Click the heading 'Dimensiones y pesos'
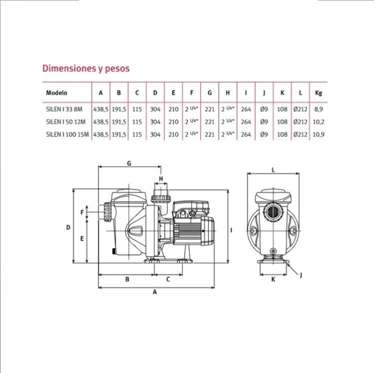click(x=86, y=68)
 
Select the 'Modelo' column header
click(x=56, y=93)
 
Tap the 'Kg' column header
click(x=319, y=93)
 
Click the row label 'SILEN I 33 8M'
click(x=64, y=109)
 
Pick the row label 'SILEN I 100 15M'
click(x=67, y=134)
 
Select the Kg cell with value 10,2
click(x=319, y=122)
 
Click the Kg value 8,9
click(x=319, y=109)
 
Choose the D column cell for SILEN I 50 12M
click(x=155, y=122)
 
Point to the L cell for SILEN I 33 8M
click(x=300, y=109)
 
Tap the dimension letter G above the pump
click(x=129, y=163)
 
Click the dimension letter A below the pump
click(x=155, y=292)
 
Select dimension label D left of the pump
click(x=68, y=228)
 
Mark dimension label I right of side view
click(x=231, y=230)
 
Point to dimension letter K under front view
click(x=273, y=279)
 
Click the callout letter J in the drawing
click(x=301, y=276)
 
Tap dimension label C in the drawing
click(x=168, y=279)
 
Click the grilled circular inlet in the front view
click(x=273, y=211)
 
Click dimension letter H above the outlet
click(x=161, y=179)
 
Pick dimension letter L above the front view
click(x=273, y=170)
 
